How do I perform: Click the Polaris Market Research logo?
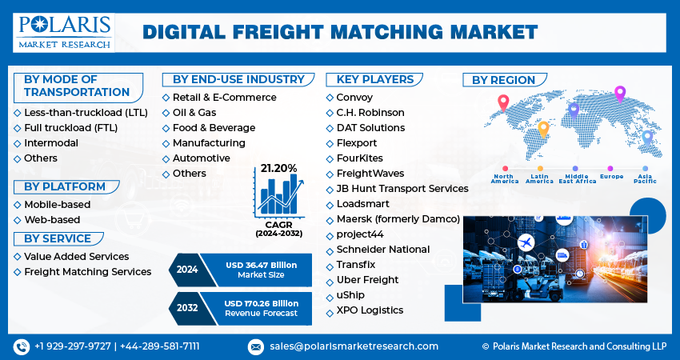point(63,30)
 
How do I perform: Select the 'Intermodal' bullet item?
point(51,143)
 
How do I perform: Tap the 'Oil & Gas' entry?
point(194,113)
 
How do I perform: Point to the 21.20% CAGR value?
point(277,168)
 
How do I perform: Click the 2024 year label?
point(186,270)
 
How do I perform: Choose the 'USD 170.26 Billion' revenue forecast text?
point(262,304)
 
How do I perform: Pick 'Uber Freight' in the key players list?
point(367,280)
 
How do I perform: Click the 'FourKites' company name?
point(360,158)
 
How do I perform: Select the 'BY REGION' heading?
point(503,80)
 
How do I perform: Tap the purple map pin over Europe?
point(619,94)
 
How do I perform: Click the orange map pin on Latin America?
point(543,128)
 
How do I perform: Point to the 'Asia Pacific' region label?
point(646,178)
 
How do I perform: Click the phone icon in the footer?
point(21,346)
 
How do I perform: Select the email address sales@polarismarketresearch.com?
point(353,346)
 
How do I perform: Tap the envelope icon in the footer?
point(256,346)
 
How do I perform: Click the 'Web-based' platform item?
point(52,219)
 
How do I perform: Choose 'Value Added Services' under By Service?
point(76,257)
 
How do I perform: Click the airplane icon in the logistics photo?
point(526,242)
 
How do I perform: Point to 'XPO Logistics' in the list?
point(370,310)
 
